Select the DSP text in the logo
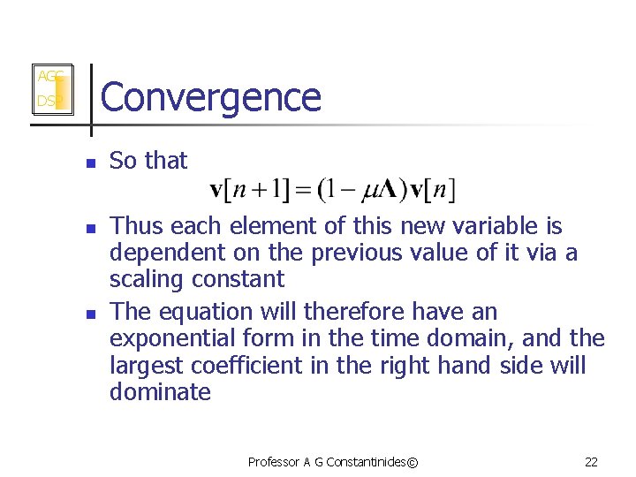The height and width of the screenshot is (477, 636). click(x=46, y=102)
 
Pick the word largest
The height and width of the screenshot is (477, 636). click(x=146, y=365)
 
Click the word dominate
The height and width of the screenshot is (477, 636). click(x=160, y=391)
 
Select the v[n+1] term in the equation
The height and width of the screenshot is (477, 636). click(x=255, y=189)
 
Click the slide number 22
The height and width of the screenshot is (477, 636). click(x=591, y=461)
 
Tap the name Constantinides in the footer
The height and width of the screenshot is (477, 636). click(x=371, y=461)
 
